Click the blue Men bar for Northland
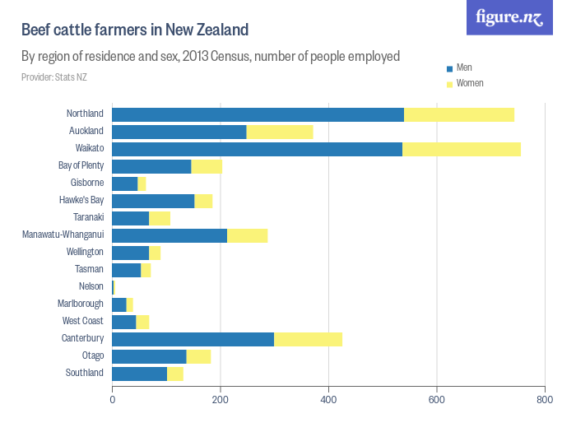(x=258, y=114)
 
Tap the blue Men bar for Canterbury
(x=193, y=339)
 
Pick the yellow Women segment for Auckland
(x=280, y=132)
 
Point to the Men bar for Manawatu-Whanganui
(x=170, y=236)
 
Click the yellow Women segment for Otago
(x=198, y=356)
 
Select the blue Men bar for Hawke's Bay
(x=153, y=201)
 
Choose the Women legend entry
(x=469, y=84)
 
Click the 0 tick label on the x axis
(x=112, y=400)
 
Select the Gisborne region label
(x=87, y=183)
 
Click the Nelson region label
(x=91, y=286)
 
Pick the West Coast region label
(x=83, y=321)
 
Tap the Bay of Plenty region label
(x=81, y=165)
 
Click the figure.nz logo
(x=509, y=17)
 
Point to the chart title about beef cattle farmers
(x=135, y=30)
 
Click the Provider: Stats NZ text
(x=54, y=77)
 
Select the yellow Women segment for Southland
(x=175, y=374)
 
